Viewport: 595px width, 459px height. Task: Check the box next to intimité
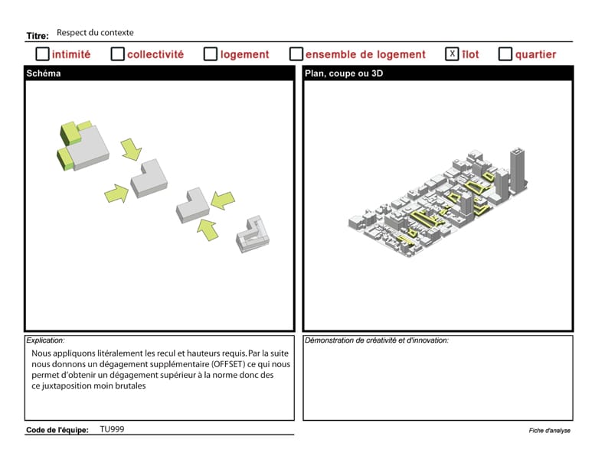tap(42, 54)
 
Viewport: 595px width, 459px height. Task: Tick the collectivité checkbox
tap(117, 54)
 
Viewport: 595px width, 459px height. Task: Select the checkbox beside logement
tap(211, 54)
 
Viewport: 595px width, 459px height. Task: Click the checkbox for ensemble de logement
tap(296, 54)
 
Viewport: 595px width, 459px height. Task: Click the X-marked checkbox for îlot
tap(452, 54)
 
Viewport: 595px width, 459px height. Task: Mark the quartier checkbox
tap(505, 54)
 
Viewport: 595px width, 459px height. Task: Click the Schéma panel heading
tap(44, 73)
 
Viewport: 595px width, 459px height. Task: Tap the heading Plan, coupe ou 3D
tap(344, 73)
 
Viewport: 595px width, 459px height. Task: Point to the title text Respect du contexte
tap(95, 33)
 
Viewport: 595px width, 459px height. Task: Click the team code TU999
tap(112, 429)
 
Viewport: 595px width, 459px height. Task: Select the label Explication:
tap(45, 340)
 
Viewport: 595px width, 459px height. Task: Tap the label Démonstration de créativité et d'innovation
tap(377, 340)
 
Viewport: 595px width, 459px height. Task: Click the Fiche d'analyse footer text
tap(550, 430)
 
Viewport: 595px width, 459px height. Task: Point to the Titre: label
tap(38, 36)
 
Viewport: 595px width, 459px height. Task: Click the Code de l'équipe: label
tap(57, 430)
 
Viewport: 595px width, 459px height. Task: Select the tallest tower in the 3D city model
tap(518, 171)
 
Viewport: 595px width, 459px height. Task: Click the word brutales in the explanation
tap(130, 386)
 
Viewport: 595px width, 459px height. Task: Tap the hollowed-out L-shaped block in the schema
tap(253, 234)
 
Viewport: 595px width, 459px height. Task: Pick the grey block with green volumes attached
tap(83, 146)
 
